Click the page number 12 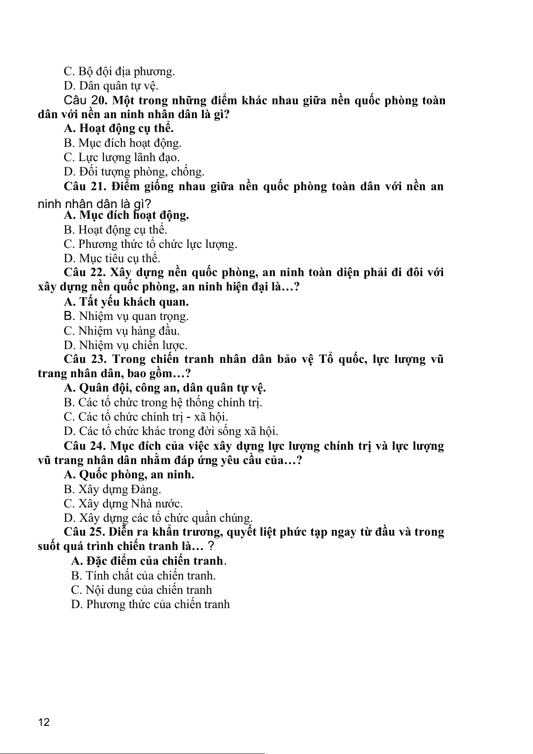pyautogui.click(x=44, y=722)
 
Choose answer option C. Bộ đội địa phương pyautogui.click(x=119, y=71)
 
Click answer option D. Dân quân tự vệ pyautogui.click(x=111, y=85)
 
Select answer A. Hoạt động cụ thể pyautogui.click(x=119, y=128)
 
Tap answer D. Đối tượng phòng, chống pyautogui.click(x=134, y=171)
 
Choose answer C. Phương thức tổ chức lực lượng pyautogui.click(x=150, y=244)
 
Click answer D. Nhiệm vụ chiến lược pyautogui.click(x=126, y=345)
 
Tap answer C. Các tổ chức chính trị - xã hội pyautogui.click(x=146, y=417)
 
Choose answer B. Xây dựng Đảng pyautogui.click(x=112, y=489)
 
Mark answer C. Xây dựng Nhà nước pyautogui.click(x=123, y=503)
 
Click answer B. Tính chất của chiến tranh pyautogui.click(x=143, y=575)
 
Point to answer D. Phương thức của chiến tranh pyautogui.click(x=150, y=604)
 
